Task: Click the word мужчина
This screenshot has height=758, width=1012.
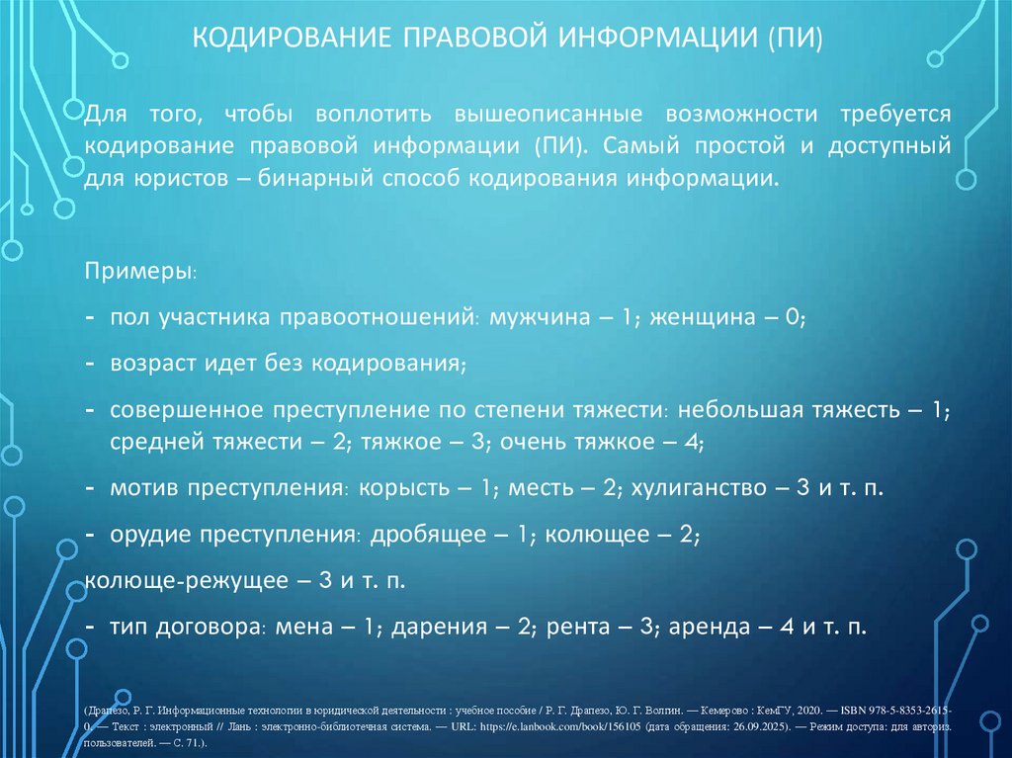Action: click(x=535, y=319)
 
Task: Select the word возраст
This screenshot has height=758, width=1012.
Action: click(x=150, y=363)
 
